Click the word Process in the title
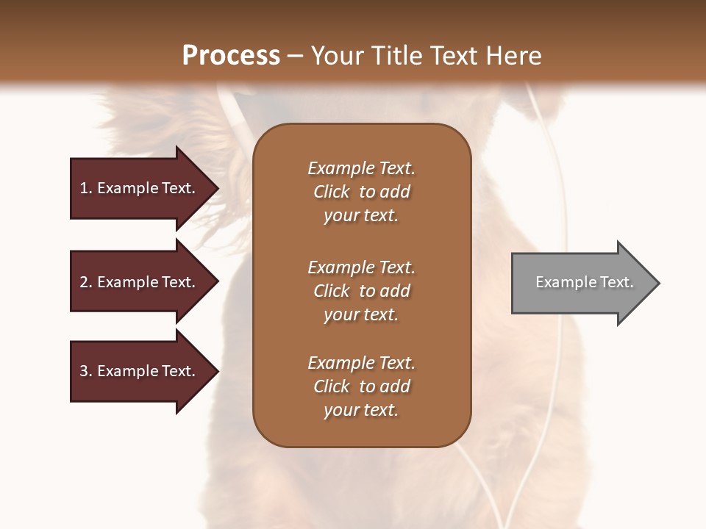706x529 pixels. [231, 56]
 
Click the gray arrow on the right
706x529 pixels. [581, 283]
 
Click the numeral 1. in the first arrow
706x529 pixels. [86, 188]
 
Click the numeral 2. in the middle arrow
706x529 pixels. [86, 282]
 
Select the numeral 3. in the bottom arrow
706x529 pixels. [86, 371]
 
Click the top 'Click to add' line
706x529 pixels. [361, 192]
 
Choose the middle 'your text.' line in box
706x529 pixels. [361, 314]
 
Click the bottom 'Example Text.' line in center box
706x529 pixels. [361, 363]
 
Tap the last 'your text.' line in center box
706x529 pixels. [361, 410]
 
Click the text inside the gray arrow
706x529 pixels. [584, 282]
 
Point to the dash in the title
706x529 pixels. [296, 56]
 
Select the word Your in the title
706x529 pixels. [335, 56]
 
